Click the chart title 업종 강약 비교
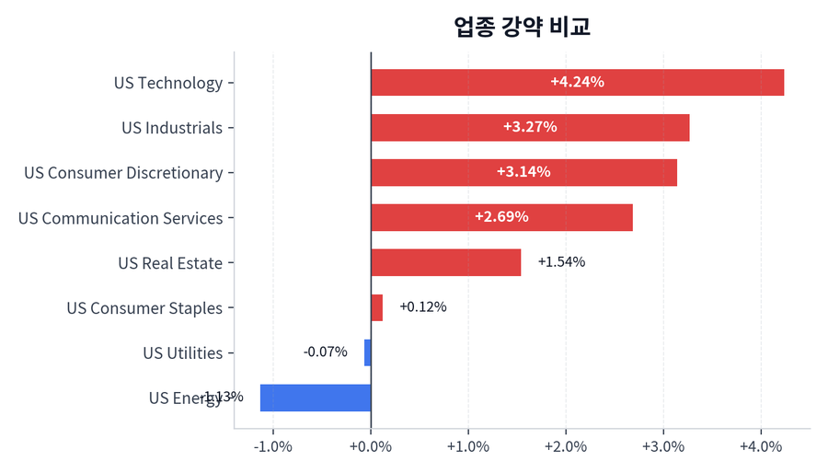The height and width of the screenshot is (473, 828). (x=522, y=27)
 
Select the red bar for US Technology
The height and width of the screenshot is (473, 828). (x=577, y=82)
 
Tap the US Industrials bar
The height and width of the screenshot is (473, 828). (x=530, y=127)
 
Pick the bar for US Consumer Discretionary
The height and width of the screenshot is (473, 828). (x=523, y=172)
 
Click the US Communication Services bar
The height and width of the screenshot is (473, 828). (x=501, y=217)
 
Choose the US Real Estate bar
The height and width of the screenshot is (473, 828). (x=445, y=262)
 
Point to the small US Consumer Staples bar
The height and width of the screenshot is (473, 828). (x=376, y=307)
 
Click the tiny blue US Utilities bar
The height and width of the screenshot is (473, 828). (x=367, y=352)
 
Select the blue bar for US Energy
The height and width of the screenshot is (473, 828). (x=316, y=398)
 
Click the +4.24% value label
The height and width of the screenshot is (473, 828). (x=577, y=82)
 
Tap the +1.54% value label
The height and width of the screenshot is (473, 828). (x=561, y=262)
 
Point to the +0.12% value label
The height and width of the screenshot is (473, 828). (x=423, y=307)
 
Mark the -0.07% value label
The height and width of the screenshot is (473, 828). (x=326, y=352)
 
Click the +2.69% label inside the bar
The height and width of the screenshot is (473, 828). (x=501, y=217)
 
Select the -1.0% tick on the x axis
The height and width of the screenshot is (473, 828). (x=273, y=446)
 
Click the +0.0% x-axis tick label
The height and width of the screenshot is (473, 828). (x=371, y=446)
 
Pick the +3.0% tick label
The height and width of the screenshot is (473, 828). (x=663, y=446)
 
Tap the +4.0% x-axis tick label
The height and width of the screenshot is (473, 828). (x=761, y=446)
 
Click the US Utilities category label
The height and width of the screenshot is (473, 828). (x=182, y=353)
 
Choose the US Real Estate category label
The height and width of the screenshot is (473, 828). (x=170, y=263)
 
